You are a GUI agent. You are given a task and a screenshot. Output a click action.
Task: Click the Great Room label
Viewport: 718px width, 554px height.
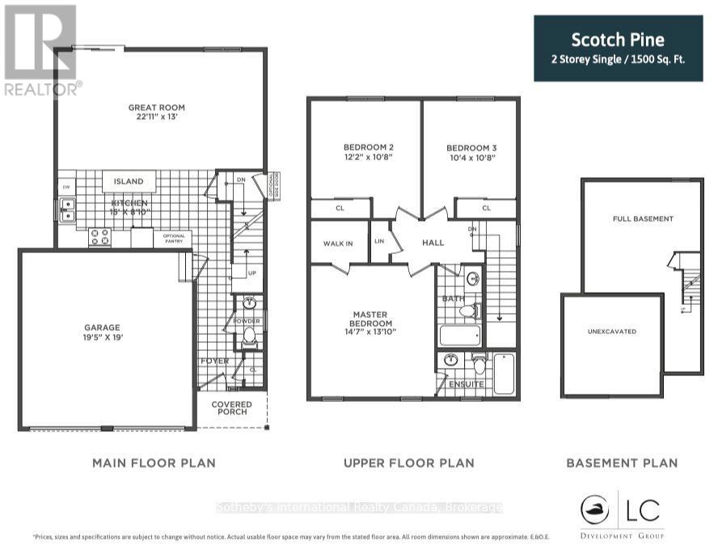[156, 108]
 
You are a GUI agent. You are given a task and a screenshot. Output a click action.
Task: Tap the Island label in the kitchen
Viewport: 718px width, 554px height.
[129, 182]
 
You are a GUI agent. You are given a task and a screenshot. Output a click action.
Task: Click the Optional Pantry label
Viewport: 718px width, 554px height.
[174, 238]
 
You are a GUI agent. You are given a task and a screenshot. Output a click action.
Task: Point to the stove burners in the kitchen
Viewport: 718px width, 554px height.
[99, 236]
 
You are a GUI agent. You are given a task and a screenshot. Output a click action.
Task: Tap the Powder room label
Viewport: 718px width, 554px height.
[247, 320]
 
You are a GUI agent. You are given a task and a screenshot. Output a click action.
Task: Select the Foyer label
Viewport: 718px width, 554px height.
[214, 362]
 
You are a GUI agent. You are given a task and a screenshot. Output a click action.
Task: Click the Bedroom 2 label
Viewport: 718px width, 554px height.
[368, 147]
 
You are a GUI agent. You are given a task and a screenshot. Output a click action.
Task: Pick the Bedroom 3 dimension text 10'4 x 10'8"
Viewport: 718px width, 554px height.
[471, 158]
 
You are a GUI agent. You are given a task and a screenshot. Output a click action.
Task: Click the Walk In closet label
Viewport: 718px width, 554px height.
[338, 243]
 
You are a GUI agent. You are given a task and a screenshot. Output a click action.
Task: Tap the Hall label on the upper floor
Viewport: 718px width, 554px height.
[433, 242]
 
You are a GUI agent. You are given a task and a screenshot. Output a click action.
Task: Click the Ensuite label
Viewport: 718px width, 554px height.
[467, 384]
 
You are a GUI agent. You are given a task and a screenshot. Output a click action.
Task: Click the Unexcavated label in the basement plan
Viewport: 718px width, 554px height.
[612, 332]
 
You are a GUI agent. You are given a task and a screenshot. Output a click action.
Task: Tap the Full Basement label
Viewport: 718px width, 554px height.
[643, 219]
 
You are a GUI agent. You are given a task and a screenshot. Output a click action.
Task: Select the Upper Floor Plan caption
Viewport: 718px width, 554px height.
[408, 463]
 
